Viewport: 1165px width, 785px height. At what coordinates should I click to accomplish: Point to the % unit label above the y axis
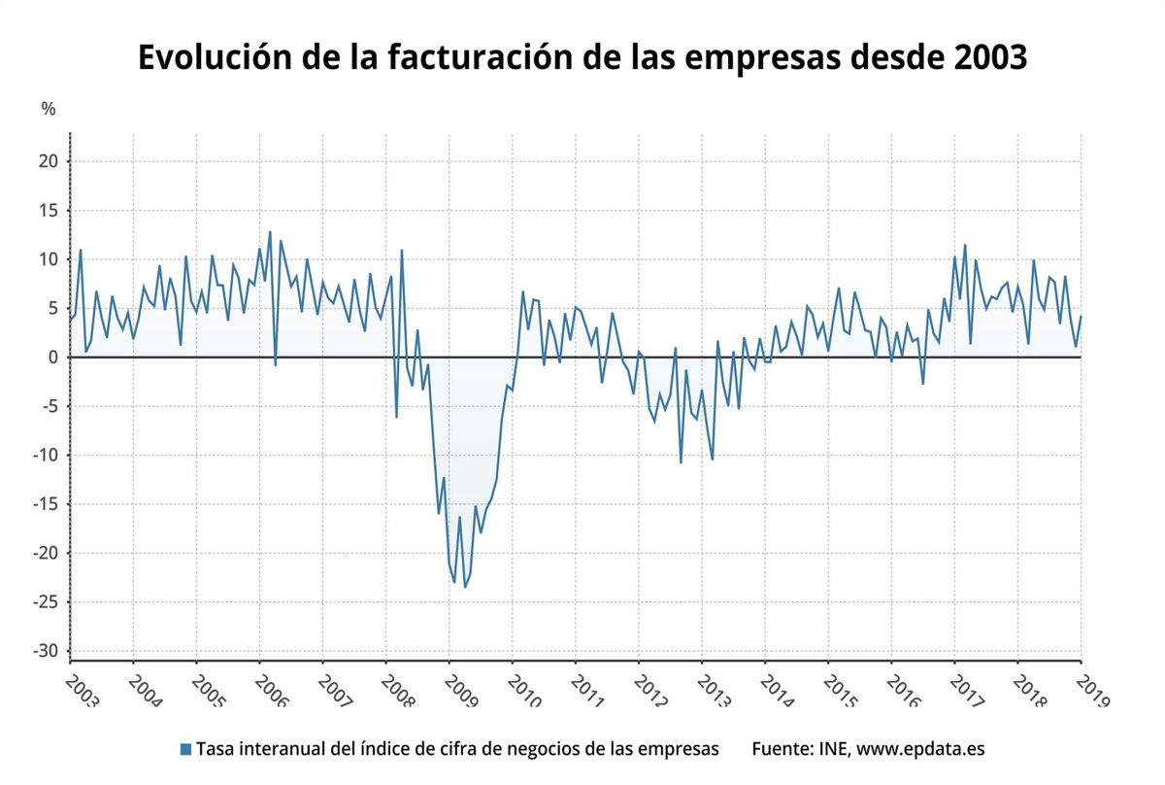coord(49,109)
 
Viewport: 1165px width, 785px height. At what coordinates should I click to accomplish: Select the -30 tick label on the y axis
coord(47,651)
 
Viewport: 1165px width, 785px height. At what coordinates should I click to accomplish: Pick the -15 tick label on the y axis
coord(47,504)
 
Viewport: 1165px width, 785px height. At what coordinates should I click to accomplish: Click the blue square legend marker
coord(185,749)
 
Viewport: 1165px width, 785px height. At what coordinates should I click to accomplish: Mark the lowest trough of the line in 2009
coord(465,587)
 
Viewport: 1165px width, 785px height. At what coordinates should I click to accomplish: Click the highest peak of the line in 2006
coord(270,231)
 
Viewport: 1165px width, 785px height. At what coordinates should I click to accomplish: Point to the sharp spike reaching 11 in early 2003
coord(81,250)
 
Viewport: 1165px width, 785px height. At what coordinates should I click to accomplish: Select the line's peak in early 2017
coord(965,245)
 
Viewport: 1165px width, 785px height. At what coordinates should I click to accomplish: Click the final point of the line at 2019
coord(1081,316)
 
